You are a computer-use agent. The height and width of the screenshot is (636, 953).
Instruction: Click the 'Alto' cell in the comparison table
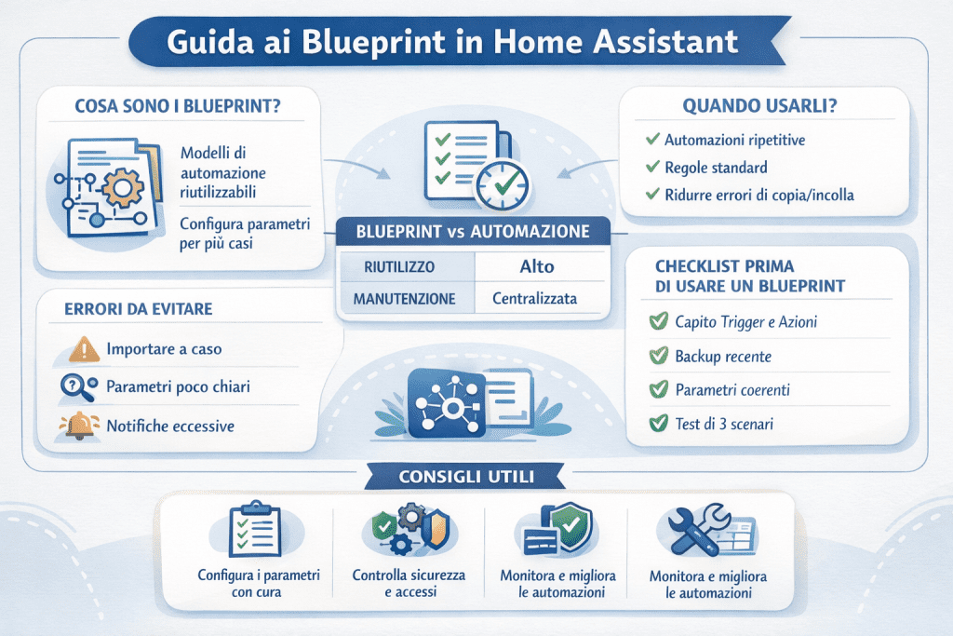click(536, 266)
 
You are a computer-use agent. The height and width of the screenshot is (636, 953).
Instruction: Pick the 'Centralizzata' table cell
click(536, 300)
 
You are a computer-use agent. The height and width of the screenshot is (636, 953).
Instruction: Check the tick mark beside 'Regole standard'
click(652, 168)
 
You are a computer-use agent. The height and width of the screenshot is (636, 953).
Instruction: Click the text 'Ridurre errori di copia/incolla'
click(758, 196)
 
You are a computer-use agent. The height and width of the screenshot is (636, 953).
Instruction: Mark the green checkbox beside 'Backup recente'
click(659, 356)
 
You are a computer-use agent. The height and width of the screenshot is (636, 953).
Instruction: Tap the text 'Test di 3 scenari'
click(723, 425)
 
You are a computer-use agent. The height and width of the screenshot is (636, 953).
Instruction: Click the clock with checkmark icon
click(500, 181)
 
